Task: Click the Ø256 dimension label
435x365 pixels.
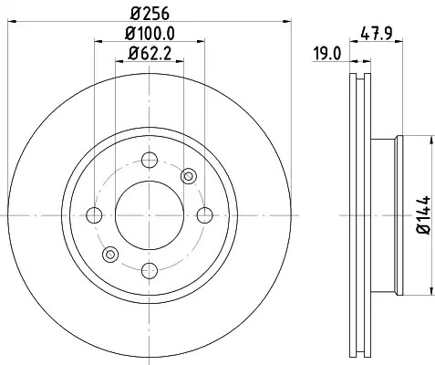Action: [150, 14]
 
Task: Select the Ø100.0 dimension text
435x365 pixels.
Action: [150, 34]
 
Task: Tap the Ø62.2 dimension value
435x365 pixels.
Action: [150, 54]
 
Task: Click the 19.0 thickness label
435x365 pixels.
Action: [327, 55]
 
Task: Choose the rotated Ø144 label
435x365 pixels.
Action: [423, 215]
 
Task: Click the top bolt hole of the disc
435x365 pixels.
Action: [150, 160]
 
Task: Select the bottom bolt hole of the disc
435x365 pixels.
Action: [150, 270]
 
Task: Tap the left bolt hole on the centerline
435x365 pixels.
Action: [94, 215]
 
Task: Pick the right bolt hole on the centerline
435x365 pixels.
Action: [204, 215]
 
